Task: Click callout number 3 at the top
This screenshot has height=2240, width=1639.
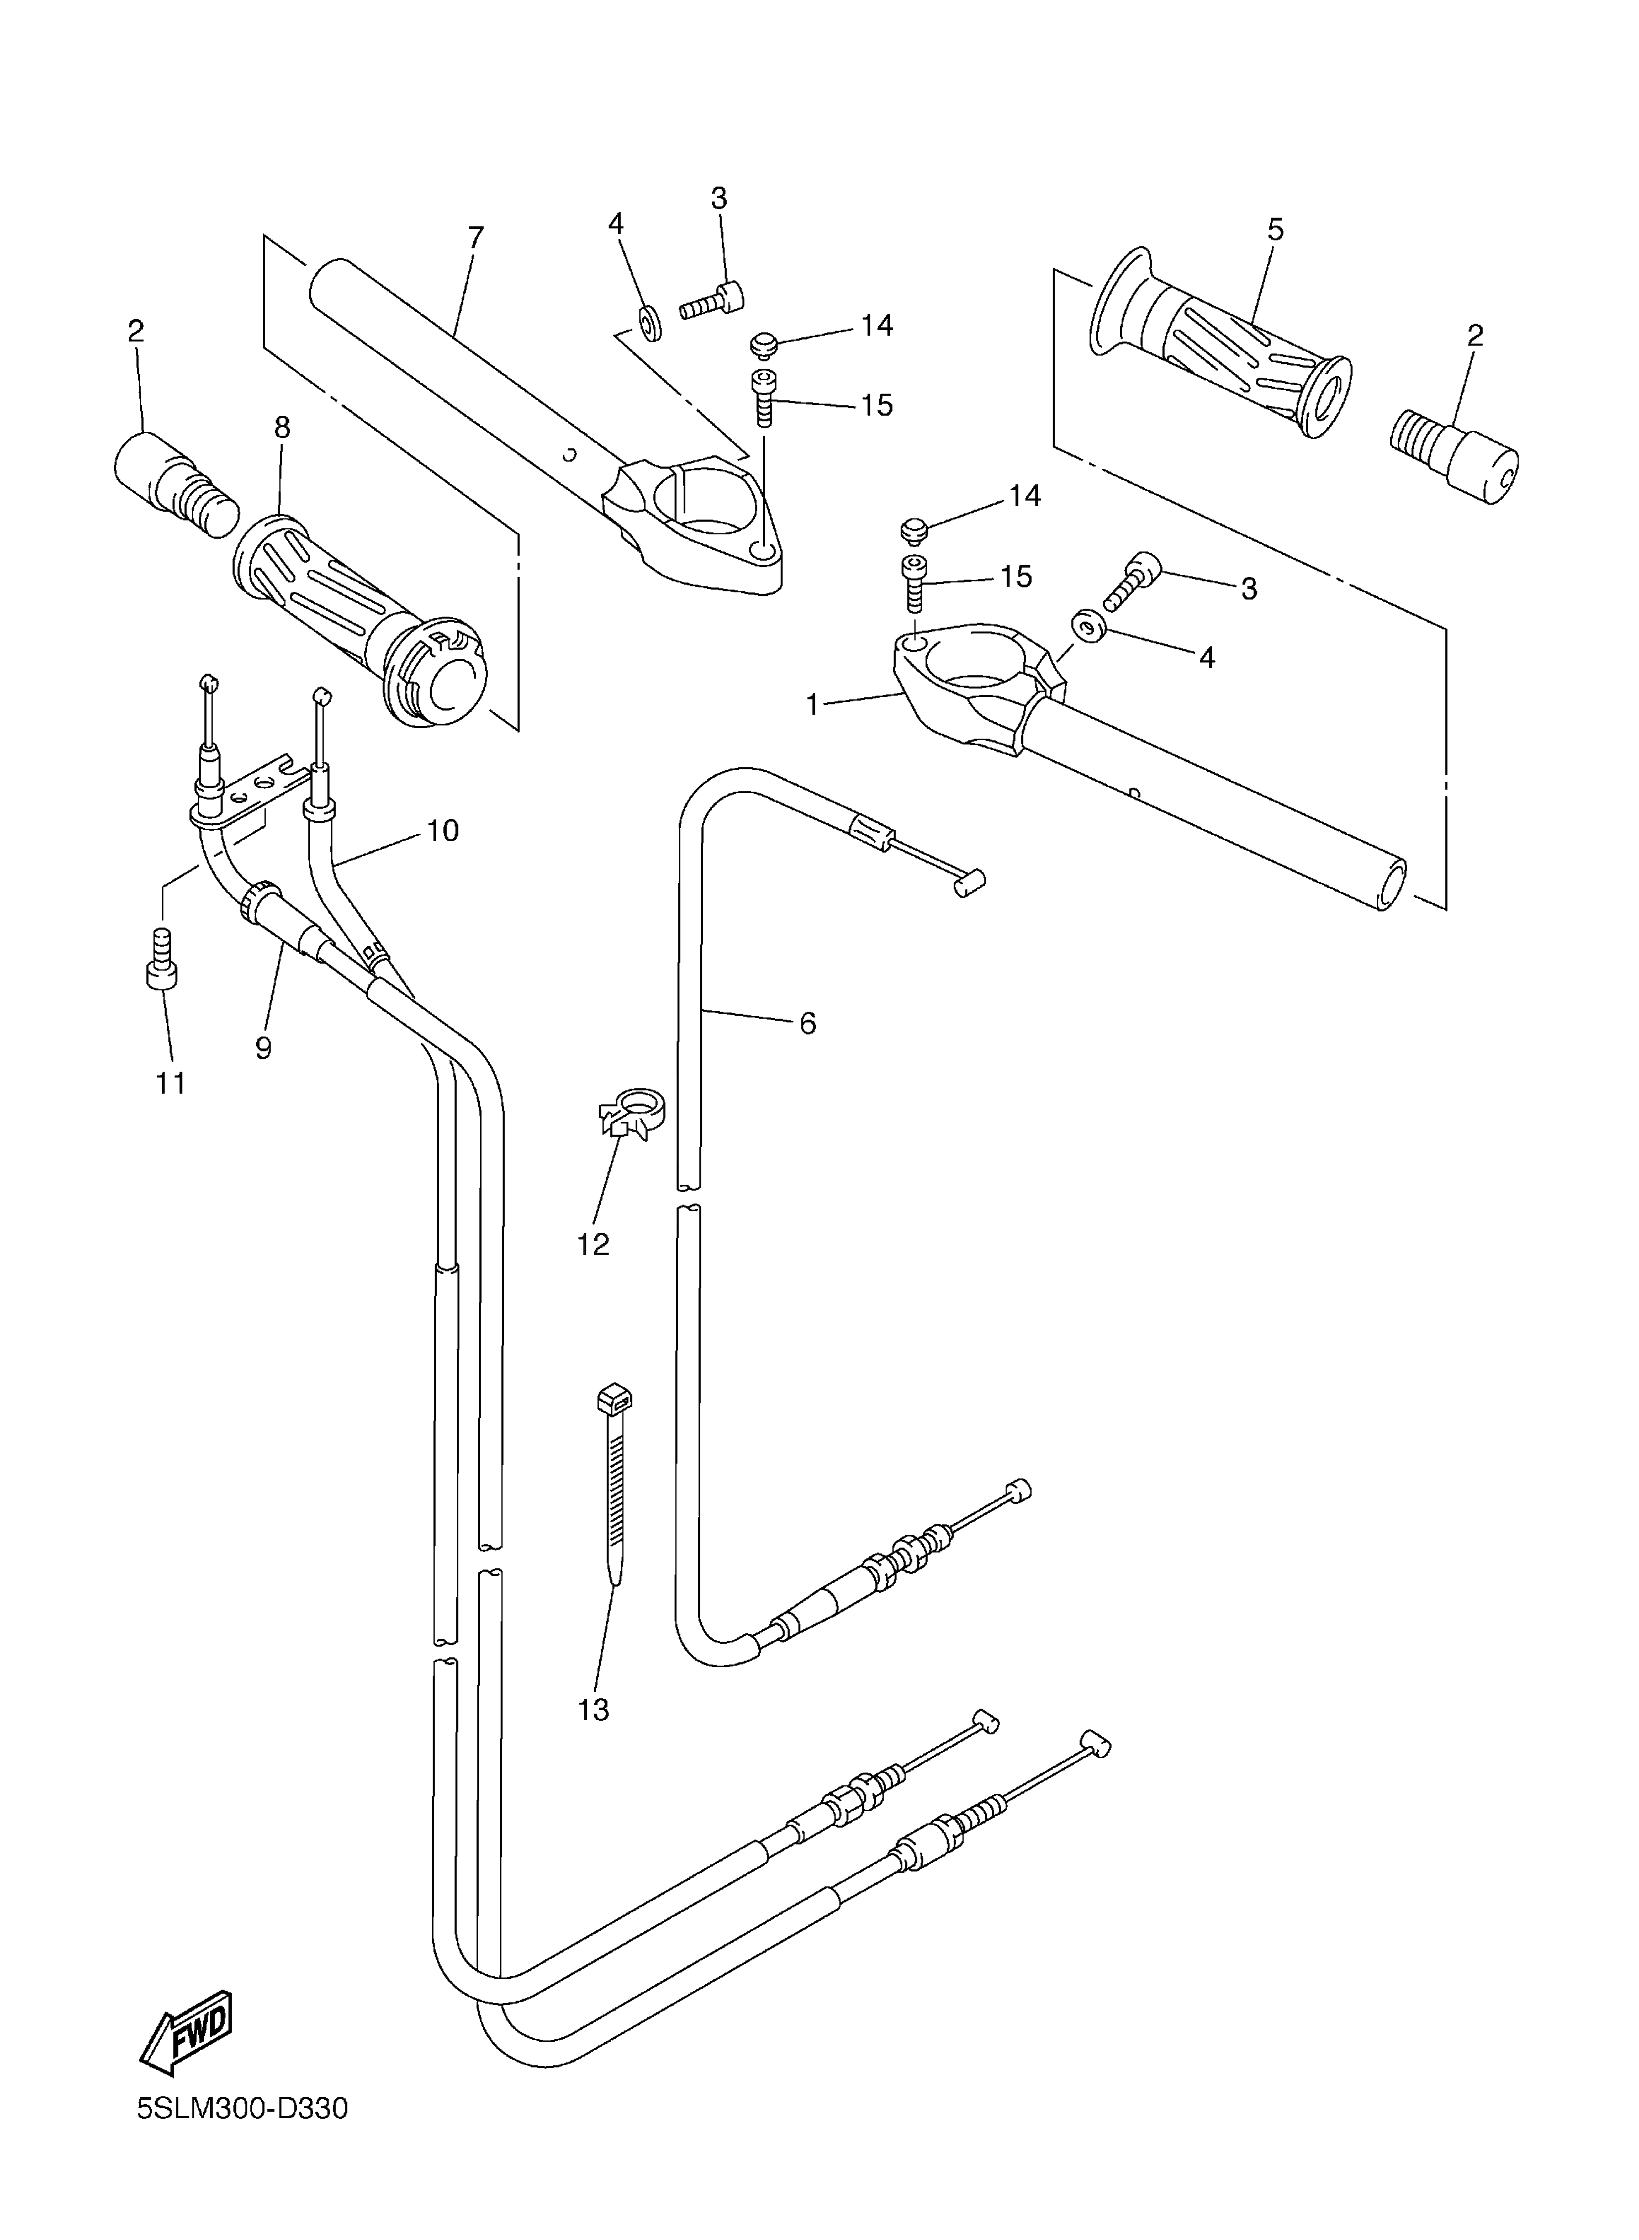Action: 719,198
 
